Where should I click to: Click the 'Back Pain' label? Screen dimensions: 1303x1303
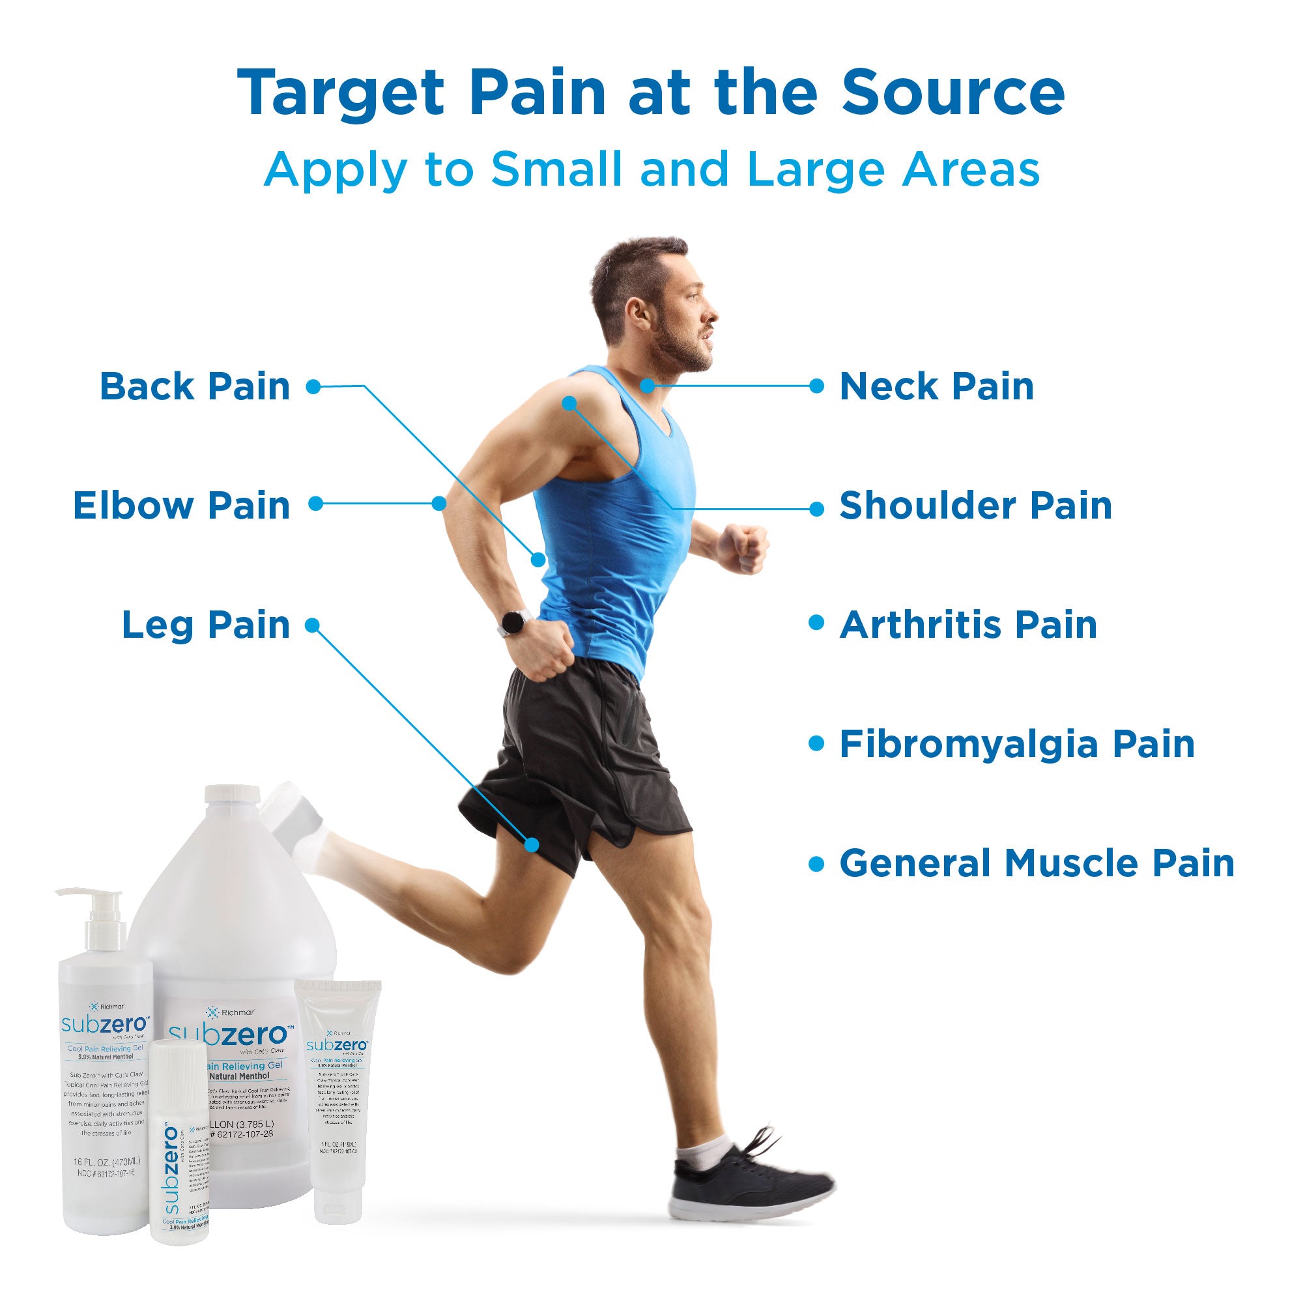195,387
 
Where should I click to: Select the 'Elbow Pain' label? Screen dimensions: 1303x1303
181,506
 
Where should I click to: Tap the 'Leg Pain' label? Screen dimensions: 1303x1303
206,625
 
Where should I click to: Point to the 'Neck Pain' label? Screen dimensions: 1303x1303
936,387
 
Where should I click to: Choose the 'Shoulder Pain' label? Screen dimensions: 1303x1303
975,506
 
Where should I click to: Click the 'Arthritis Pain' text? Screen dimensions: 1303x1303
968,625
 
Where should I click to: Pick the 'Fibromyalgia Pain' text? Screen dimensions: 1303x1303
1016,745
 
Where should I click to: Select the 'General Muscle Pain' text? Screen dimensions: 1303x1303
1037,863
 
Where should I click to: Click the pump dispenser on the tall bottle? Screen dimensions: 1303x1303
100,911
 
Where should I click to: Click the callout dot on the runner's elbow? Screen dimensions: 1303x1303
439,503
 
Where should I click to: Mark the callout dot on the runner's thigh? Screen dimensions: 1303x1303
532,844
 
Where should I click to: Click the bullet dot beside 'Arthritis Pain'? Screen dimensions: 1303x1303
817,624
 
